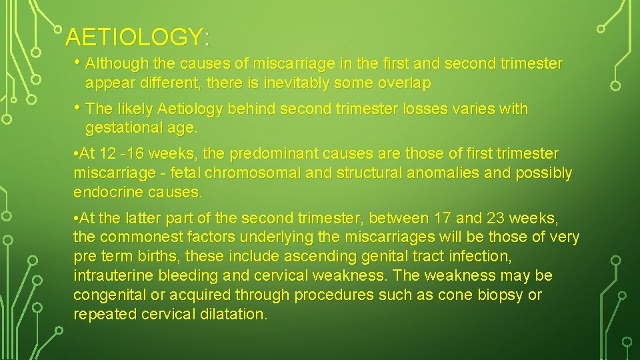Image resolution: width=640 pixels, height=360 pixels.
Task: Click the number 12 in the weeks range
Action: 107,154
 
